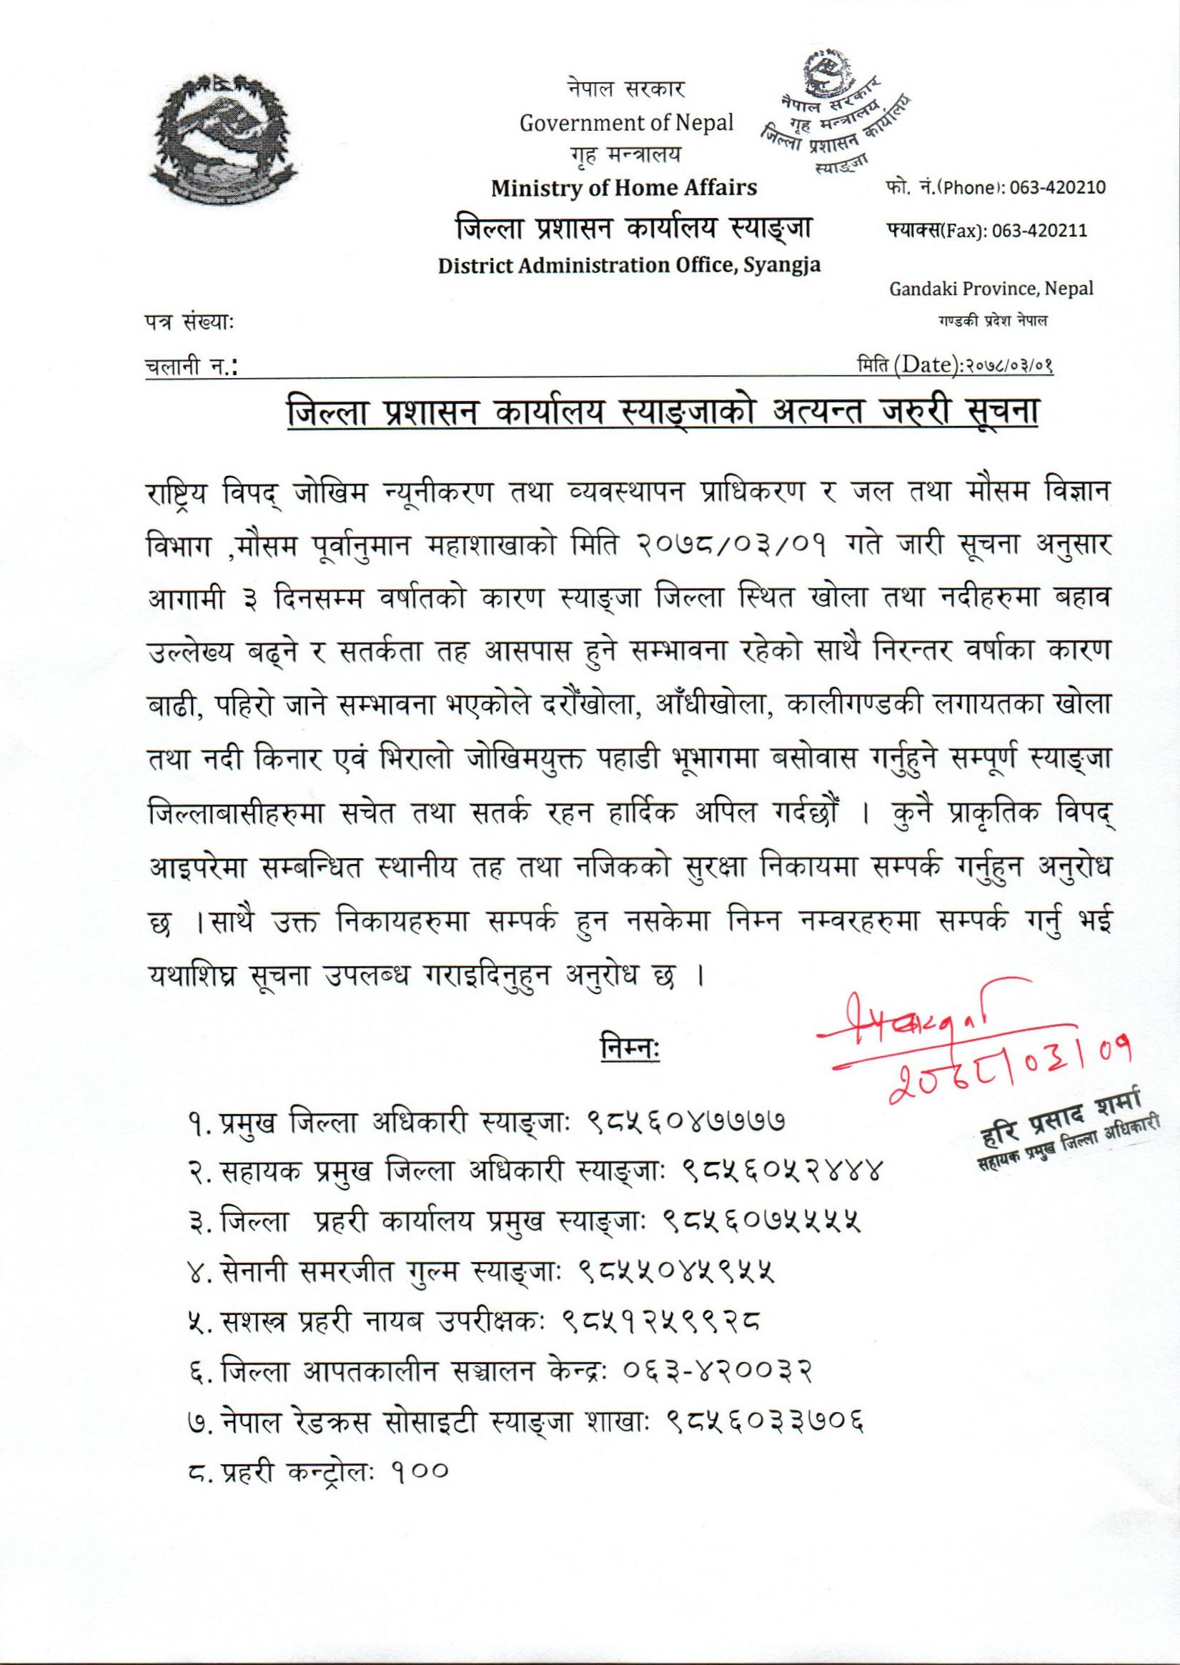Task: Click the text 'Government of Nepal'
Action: tap(626, 123)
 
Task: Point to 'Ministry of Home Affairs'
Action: tap(623, 188)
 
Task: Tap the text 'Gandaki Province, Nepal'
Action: tap(991, 289)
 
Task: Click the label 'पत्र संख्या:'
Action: tap(188, 320)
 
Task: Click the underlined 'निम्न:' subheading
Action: tap(628, 1051)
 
